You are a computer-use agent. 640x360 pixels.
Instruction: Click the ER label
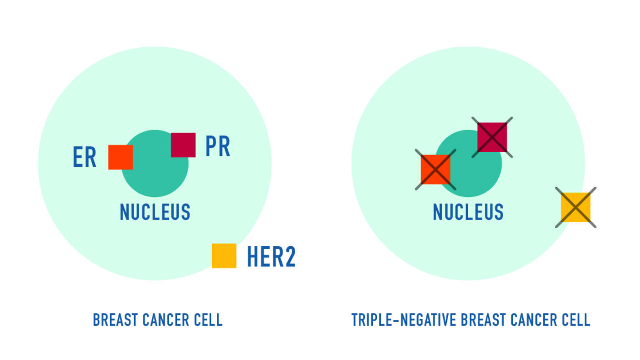tap(85, 158)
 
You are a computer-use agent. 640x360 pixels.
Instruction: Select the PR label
tap(218, 146)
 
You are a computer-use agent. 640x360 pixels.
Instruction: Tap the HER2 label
tap(271, 257)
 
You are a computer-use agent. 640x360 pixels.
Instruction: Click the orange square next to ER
tap(120, 157)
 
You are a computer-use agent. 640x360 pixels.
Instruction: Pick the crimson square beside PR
tap(183, 145)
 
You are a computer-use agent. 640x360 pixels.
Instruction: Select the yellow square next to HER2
tap(224, 256)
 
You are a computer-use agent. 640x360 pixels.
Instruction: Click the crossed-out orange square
tap(435, 170)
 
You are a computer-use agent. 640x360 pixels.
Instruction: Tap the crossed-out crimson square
tap(492, 137)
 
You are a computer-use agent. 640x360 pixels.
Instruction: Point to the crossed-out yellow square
tap(575, 207)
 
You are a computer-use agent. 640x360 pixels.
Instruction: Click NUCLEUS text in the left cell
tap(155, 212)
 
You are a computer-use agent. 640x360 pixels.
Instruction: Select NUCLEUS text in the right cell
tap(468, 212)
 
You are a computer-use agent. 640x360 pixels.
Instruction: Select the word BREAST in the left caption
tap(115, 320)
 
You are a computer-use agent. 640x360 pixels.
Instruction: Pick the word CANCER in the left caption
tap(165, 320)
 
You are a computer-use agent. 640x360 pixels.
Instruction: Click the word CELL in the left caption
tap(208, 320)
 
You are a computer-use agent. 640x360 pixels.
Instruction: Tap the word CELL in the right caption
tap(576, 320)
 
